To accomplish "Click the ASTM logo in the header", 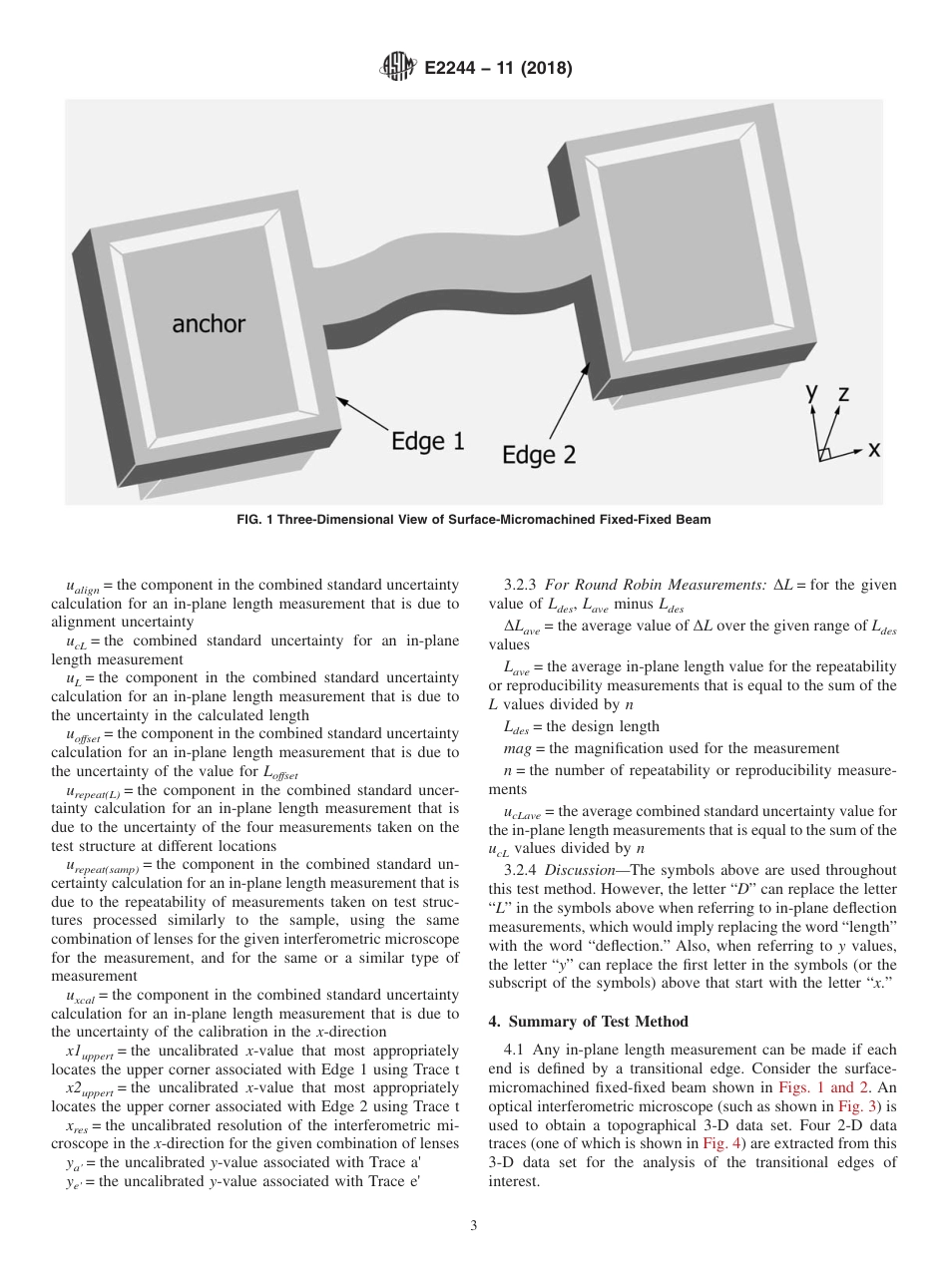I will (x=395, y=69).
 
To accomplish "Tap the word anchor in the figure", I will (x=209, y=323).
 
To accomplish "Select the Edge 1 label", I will (x=427, y=441).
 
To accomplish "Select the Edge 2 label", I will (x=539, y=455).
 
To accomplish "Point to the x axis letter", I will (x=874, y=449).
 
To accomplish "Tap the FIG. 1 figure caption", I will (x=473, y=520).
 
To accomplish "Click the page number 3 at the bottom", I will (x=473, y=1226).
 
